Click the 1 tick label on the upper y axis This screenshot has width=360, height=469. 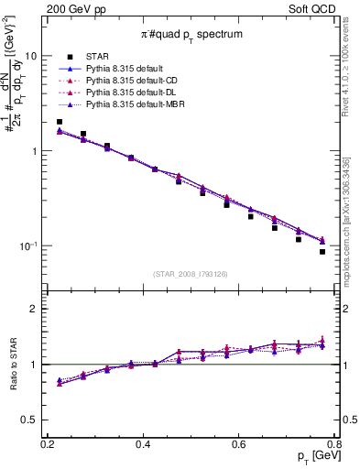[35, 151]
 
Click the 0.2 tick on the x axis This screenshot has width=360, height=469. [48, 445]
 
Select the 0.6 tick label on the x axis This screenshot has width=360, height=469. [239, 445]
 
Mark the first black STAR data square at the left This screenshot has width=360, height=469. [60, 122]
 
